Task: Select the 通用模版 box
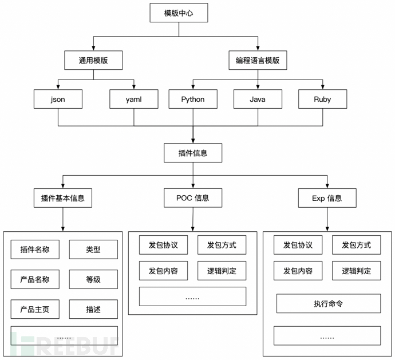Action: [93, 60]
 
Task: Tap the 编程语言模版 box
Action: [258, 60]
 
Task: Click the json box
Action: [58, 100]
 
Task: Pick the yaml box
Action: [134, 100]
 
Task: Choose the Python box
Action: [192, 100]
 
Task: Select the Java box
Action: [258, 100]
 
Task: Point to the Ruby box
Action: [322, 100]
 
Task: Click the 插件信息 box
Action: [192, 153]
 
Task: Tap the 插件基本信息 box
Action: [63, 199]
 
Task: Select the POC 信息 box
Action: [192, 198]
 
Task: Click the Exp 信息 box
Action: [327, 198]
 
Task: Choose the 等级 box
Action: [93, 279]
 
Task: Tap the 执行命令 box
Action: [328, 303]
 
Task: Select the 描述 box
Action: [93, 310]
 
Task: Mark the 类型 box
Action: [93, 249]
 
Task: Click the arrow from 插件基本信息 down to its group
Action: [63, 219]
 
